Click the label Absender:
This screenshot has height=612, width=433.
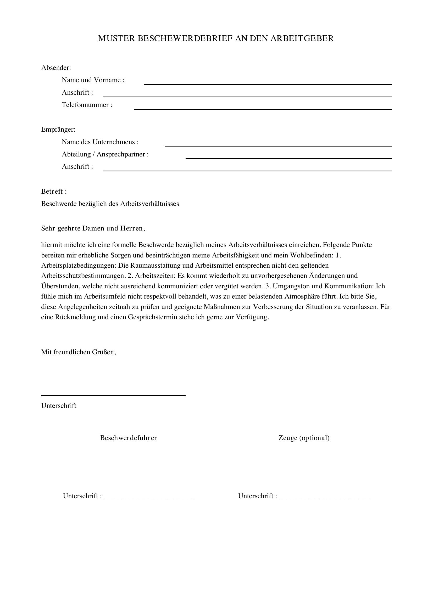(x=56, y=68)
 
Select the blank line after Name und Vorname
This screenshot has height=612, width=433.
(x=268, y=84)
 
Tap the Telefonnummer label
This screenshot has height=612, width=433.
(x=87, y=105)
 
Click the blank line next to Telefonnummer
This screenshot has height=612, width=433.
(x=262, y=109)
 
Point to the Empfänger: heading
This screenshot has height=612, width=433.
(x=58, y=130)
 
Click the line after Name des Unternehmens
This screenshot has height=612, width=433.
(x=278, y=145)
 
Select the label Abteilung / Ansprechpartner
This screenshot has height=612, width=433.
(x=105, y=154)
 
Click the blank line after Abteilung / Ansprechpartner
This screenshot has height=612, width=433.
(x=288, y=158)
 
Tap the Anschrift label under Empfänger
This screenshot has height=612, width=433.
(x=77, y=167)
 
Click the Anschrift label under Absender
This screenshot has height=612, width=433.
(x=77, y=92)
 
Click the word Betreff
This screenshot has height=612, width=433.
(x=52, y=191)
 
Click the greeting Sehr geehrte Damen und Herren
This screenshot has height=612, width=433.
(x=93, y=228)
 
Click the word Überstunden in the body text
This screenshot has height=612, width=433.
(x=60, y=286)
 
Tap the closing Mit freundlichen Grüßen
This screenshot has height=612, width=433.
(x=78, y=352)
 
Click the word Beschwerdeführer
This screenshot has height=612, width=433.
(x=128, y=438)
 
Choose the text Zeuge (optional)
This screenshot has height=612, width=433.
(x=304, y=438)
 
